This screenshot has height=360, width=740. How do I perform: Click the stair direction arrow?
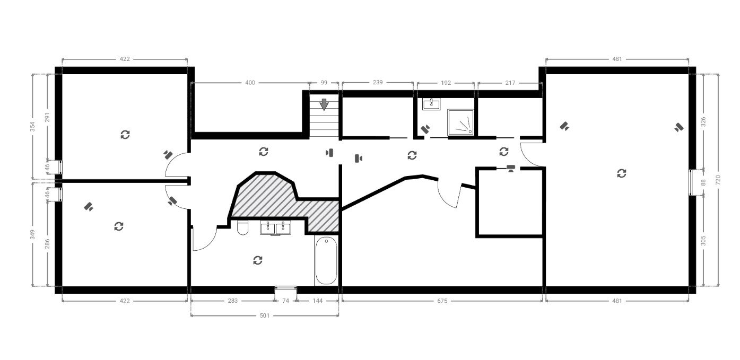click(324, 104)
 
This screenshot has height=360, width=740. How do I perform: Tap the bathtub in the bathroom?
click(326, 260)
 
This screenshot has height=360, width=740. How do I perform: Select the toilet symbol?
click(243, 227)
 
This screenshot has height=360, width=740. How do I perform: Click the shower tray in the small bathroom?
click(461, 122)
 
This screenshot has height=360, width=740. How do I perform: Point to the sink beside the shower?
click(431, 104)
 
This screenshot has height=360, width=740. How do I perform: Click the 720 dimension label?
click(718, 180)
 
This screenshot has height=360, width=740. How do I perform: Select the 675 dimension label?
click(442, 301)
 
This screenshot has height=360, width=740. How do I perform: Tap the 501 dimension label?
click(265, 316)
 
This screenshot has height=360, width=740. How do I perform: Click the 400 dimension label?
click(250, 83)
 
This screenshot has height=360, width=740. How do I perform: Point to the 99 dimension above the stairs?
click(324, 83)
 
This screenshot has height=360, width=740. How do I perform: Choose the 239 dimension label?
click(378, 82)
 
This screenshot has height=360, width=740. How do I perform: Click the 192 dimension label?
click(446, 83)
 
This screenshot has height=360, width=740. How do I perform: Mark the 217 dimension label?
click(510, 83)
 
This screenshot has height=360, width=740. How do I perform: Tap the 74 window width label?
click(286, 301)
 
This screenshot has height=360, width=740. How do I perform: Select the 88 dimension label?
click(703, 182)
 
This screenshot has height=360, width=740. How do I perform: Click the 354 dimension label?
click(32, 127)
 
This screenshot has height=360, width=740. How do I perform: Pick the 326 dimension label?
click(703, 122)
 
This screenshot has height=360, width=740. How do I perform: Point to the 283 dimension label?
click(232, 301)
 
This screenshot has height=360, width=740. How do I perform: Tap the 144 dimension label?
click(317, 301)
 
